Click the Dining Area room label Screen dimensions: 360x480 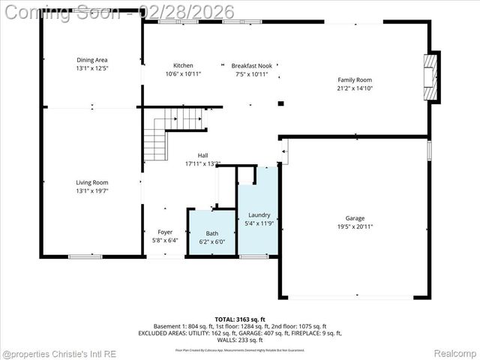coord(92,60)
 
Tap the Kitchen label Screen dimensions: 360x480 coord(183,65)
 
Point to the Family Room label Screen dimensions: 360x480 coord(355,79)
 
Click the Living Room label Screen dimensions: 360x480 coord(92,182)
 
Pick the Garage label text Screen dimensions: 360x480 coord(355,218)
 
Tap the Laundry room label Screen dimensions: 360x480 coord(259,215)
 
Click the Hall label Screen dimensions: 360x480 coord(203,155)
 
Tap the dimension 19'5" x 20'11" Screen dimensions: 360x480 coord(355,226)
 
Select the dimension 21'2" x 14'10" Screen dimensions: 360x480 coord(355,88)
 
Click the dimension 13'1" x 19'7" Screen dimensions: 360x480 coord(92,190)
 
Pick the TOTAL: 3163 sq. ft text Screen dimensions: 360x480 coord(240,319)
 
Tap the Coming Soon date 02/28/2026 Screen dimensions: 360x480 coord(192,12)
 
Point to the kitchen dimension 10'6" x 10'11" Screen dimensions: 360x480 coord(183,73)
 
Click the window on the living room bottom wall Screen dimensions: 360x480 coord(85,257)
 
